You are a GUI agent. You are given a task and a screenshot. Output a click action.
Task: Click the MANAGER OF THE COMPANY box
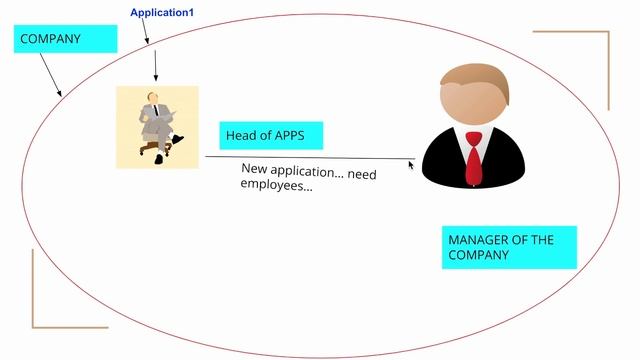[510, 248]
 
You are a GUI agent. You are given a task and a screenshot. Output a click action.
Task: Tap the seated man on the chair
[157, 124]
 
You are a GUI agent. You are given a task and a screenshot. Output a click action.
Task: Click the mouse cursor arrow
[410, 164]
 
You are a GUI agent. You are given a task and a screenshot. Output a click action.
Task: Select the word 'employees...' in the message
[277, 187]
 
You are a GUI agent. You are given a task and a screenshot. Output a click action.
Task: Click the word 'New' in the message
[255, 168]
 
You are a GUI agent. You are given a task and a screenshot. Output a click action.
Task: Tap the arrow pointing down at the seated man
[156, 65]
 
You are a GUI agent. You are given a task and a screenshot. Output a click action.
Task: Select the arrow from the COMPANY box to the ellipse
[50, 75]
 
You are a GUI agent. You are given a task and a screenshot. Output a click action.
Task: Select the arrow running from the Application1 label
[144, 32]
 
